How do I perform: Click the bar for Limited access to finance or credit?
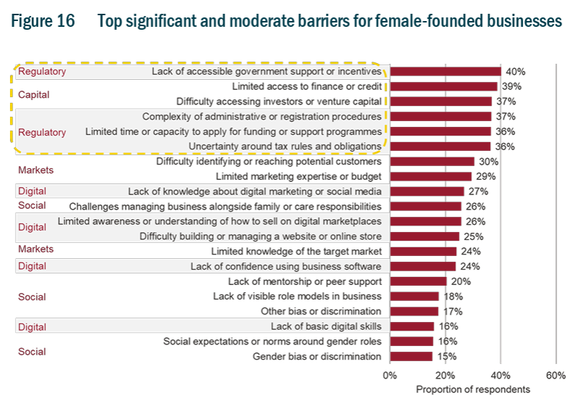coord(443,86)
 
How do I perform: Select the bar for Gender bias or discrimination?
coord(411,356)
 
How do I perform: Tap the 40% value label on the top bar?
coord(516,72)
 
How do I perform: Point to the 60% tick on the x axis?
coord(555,375)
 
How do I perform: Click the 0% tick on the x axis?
coord(390,375)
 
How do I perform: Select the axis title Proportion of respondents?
coord(473,389)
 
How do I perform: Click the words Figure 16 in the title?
coord(43,21)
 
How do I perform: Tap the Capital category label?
coord(33,94)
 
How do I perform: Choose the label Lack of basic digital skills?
coord(326,326)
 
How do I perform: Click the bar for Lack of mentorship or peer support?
coord(418,281)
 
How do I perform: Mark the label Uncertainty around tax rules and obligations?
coord(285,146)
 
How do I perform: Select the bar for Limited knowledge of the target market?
coord(423,252)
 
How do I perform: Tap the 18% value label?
coord(453,297)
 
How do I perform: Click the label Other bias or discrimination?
coord(321,311)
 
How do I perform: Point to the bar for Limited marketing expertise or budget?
coord(430,176)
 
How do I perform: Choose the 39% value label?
coord(511,86)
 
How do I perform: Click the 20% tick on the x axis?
coord(445,375)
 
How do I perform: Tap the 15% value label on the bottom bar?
coord(445,356)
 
